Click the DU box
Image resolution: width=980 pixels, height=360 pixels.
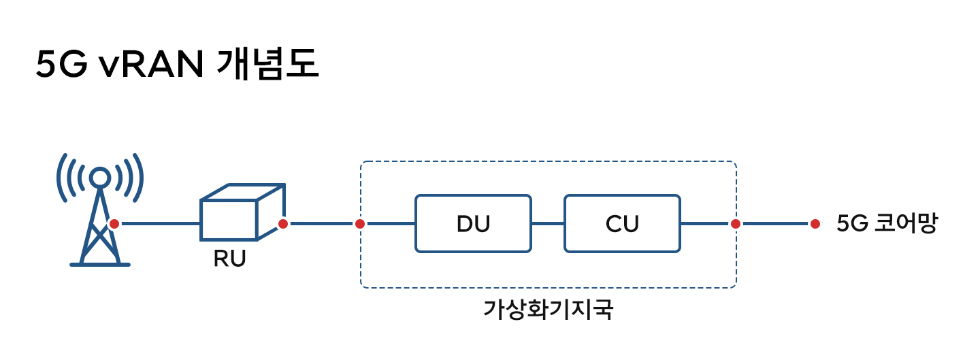tap(473, 223)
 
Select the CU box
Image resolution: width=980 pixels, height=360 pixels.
tap(621, 223)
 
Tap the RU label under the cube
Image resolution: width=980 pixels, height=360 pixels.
tap(229, 259)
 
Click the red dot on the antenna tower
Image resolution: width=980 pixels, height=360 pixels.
tap(114, 223)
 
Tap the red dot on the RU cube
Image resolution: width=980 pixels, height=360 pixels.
tap(283, 223)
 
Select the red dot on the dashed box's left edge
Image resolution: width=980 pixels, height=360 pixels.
tap(360, 223)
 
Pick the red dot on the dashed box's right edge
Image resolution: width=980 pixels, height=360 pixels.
tap(736, 223)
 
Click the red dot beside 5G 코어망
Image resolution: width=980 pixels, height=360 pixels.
tap(815, 223)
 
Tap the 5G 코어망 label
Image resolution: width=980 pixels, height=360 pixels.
tap(886, 223)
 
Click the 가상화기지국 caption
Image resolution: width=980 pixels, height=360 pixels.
tap(549, 310)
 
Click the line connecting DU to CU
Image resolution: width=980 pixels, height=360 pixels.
tap(548, 223)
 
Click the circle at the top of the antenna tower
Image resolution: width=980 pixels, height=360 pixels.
tap(100, 177)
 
